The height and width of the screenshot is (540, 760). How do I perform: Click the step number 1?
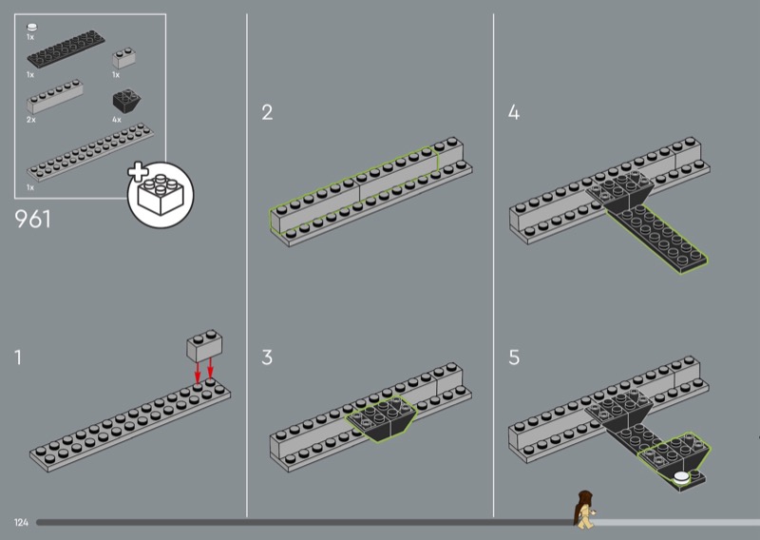point(18,357)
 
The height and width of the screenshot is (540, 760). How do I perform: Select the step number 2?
point(267,112)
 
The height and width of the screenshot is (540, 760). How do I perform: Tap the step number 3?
point(267,357)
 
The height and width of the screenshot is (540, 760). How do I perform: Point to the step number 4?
point(514,112)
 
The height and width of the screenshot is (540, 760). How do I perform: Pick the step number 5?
point(514,357)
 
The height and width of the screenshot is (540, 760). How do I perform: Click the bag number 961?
point(32,219)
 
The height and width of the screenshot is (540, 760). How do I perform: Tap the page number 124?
point(21,523)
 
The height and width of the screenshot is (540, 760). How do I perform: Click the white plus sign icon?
point(138,171)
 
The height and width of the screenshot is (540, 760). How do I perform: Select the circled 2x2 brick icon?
point(161,195)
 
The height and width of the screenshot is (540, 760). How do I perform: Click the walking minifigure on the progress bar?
point(584,509)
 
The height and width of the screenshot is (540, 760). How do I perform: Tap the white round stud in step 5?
point(681,477)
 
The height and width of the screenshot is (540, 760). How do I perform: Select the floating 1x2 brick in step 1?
point(204,345)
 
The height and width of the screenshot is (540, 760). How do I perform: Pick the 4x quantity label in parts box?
point(116,120)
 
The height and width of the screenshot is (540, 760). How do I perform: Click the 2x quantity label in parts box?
point(31,120)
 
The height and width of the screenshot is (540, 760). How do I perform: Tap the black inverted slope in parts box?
point(127,101)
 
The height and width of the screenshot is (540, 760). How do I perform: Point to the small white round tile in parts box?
point(32,28)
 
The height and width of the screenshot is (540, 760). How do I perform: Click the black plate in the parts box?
point(66,49)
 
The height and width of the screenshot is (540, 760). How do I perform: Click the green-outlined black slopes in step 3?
point(381,418)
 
